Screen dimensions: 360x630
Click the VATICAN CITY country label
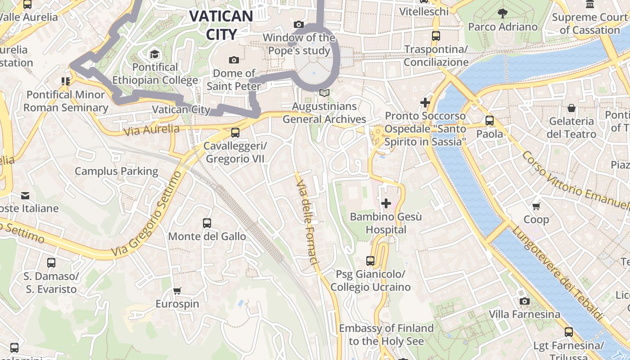(x=221, y=25)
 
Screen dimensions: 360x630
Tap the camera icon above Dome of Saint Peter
(x=234, y=60)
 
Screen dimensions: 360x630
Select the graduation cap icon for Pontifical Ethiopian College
(x=155, y=54)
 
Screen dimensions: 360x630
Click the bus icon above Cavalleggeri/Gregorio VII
(x=235, y=133)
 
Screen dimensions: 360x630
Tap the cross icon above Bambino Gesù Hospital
(x=386, y=203)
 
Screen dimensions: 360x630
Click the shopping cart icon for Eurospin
(x=177, y=291)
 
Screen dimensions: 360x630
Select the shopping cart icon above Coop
(x=536, y=206)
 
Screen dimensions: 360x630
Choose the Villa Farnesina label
(x=525, y=314)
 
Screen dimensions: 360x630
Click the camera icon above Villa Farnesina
(x=524, y=301)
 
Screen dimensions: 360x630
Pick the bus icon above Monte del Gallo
(x=207, y=223)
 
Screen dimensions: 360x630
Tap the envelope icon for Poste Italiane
(x=25, y=196)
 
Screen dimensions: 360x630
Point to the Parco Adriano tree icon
(x=503, y=13)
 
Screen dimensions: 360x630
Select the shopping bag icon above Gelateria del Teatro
(x=571, y=108)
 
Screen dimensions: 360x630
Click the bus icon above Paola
(x=490, y=121)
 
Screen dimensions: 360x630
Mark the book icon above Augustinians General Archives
(x=324, y=93)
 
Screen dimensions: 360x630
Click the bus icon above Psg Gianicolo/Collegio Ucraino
(x=370, y=261)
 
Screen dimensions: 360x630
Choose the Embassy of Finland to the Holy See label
(x=386, y=334)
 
